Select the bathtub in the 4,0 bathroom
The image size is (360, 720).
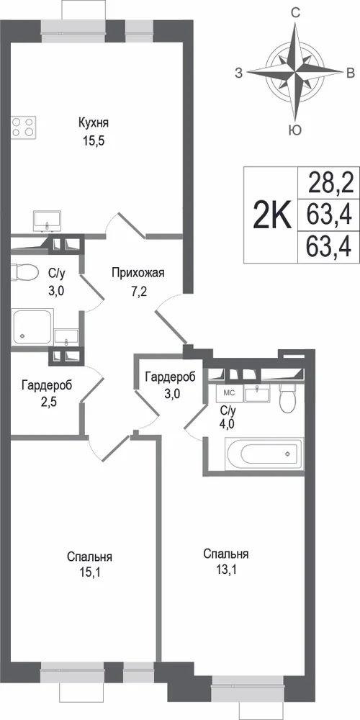264,454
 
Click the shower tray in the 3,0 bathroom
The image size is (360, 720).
32,326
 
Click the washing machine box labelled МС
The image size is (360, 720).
228,393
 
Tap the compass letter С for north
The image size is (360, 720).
296,13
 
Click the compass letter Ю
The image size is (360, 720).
295,130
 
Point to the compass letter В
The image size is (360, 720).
350,73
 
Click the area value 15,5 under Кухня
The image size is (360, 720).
94,141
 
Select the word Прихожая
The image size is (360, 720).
138,274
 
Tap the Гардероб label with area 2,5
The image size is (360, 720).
47,386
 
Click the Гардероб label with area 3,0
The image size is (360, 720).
170,377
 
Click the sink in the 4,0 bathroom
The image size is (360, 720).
258,394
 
